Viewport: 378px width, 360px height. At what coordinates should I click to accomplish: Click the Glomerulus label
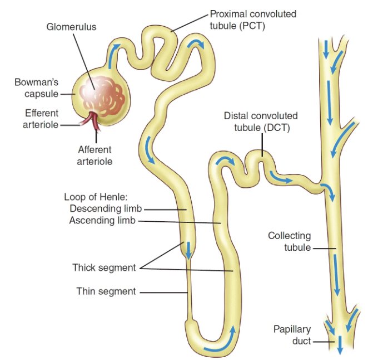pos(71,27)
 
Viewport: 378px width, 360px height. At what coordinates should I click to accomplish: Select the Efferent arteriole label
pos(41,119)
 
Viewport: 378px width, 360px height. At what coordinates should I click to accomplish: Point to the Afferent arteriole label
pos(95,155)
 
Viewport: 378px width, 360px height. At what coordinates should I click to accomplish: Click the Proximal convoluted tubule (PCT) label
pos(253,20)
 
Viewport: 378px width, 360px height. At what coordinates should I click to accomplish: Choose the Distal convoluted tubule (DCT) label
pos(261,121)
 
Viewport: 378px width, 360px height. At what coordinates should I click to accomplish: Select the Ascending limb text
pos(102,221)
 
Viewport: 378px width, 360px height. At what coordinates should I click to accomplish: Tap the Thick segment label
pos(104,268)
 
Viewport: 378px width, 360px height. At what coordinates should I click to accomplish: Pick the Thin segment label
pos(106,291)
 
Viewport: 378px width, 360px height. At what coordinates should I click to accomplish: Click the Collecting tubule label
pos(289,241)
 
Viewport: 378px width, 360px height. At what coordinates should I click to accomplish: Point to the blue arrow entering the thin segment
pos(188,250)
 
